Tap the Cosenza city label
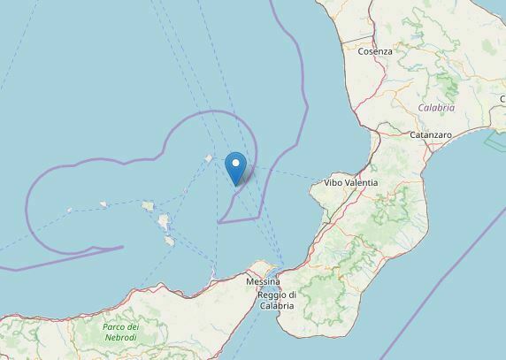374,52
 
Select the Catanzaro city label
431,135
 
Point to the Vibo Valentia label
351,183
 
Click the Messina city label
263,281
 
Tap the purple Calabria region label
437,108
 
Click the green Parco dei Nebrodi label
120,333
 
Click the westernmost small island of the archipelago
70,211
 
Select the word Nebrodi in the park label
120,338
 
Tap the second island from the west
103,204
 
